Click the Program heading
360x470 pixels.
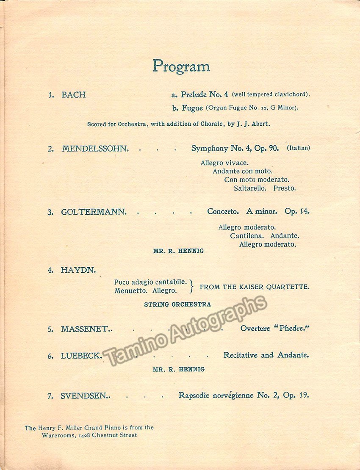[181, 66]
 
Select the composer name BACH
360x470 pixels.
[73, 95]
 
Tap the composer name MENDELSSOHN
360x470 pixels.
[94, 149]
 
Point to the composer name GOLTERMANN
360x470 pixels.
[93, 212]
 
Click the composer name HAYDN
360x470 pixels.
[78, 270]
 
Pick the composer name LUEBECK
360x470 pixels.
[81, 356]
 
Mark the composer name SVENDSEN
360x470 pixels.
[85, 396]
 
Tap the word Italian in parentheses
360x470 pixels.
[299, 148]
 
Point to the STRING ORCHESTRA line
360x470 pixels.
[177, 304]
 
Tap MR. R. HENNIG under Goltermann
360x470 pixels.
[178, 251]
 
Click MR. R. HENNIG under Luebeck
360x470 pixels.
[178, 369]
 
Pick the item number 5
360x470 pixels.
[50, 329]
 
